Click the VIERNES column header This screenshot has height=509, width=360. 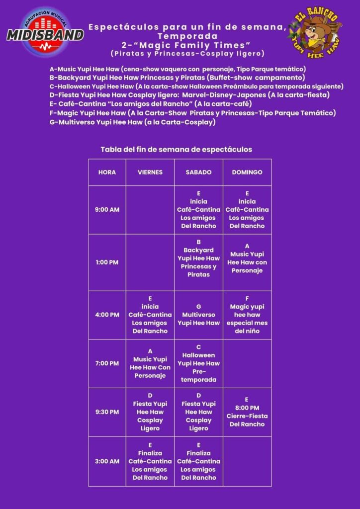[150, 172]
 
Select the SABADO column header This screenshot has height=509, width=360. [198, 172]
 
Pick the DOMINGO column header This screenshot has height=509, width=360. [247, 172]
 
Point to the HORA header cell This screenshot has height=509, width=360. [107, 172]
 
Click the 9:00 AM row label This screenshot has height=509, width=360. [107, 210]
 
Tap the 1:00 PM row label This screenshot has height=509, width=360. [107, 262]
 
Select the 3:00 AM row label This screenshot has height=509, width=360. [107, 461]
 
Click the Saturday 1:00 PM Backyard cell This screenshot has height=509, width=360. [198, 262]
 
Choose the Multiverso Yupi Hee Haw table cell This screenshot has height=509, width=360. [198, 315]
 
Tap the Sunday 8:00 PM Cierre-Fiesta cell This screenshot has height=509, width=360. [247, 412]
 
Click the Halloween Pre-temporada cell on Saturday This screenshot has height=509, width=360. [198, 363]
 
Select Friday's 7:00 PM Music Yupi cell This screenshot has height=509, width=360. [150, 363]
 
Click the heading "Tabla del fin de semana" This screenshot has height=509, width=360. [176, 149]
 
